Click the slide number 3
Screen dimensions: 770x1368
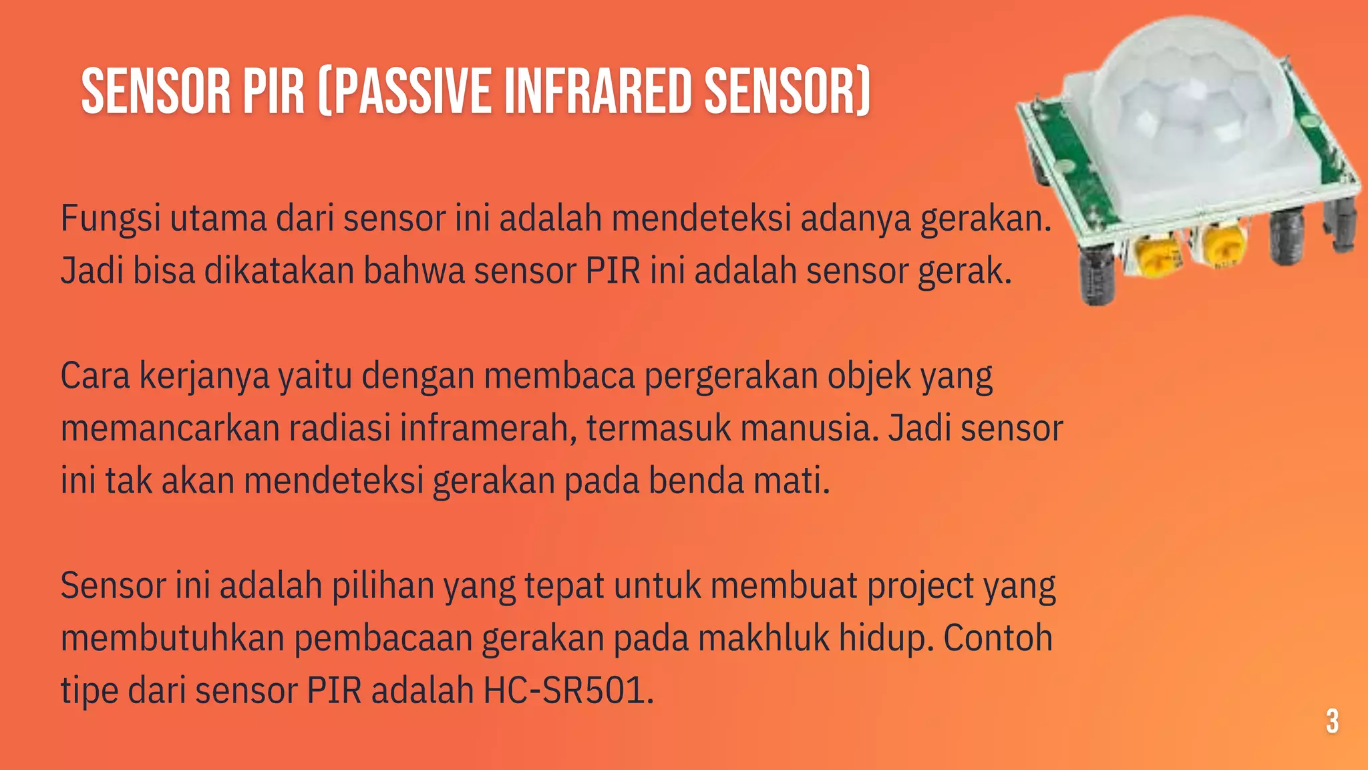click(1332, 722)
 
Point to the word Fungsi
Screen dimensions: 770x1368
click(110, 219)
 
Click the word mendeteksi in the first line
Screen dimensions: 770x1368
click(701, 219)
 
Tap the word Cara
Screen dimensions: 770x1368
click(95, 376)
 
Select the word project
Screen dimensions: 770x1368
click(920, 586)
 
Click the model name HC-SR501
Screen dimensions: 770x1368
click(568, 690)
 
